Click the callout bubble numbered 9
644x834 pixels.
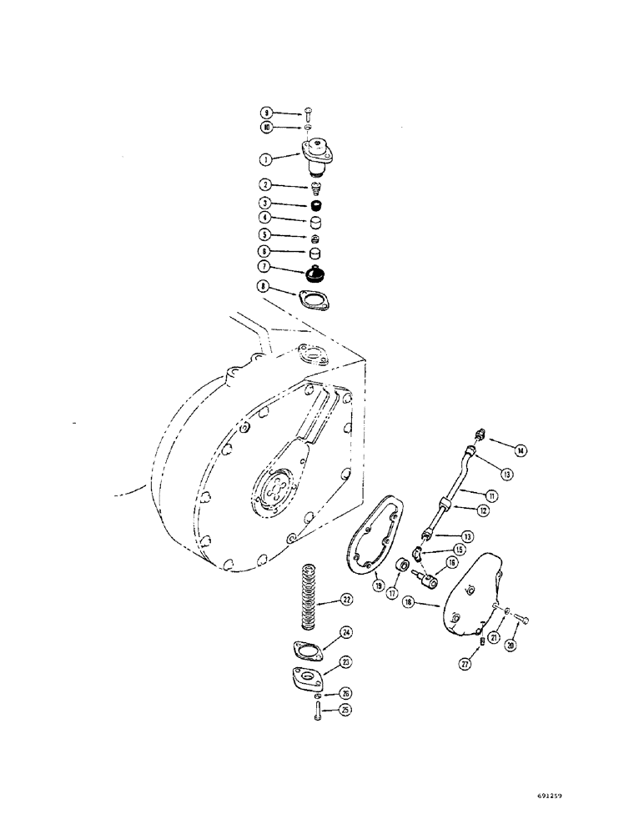(265, 112)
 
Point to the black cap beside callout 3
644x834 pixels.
(315, 205)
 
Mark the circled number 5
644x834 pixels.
(265, 236)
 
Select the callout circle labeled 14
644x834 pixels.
(520, 451)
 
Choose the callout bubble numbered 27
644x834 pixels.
(465, 663)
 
